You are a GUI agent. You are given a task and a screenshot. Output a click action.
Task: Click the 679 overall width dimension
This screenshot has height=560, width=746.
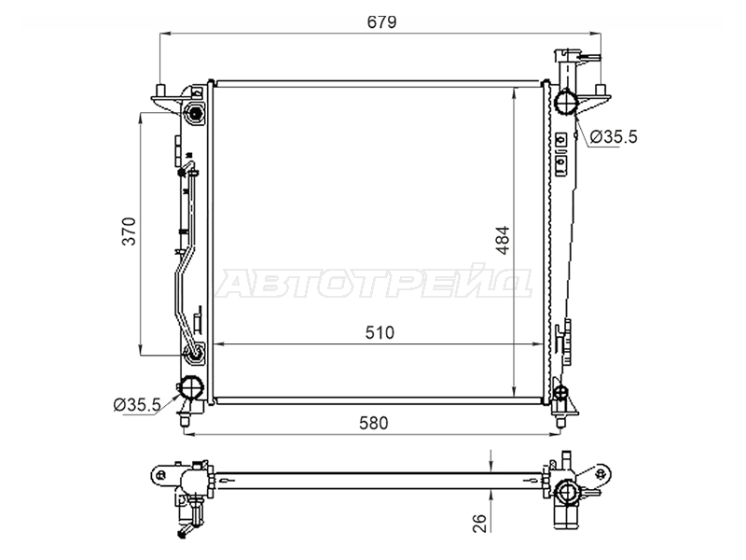tap(381, 22)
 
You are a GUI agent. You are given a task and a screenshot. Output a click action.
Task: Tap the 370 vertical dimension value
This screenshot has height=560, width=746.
tap(129, 231)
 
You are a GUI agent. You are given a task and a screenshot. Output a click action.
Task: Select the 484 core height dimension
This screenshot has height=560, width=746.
tap(503, 240)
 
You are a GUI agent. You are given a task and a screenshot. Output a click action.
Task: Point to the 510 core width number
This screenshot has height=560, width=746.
tap(380, 332)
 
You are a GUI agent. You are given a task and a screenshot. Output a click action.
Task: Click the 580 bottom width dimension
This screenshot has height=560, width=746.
tap(374, 423)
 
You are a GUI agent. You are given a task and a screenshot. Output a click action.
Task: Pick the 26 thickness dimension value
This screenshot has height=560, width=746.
tap(480, 523)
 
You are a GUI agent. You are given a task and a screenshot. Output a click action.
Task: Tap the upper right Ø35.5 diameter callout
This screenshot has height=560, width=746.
tap(614, 137)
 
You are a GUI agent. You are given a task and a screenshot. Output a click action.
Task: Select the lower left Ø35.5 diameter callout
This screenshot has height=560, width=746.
tap(137, 405)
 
